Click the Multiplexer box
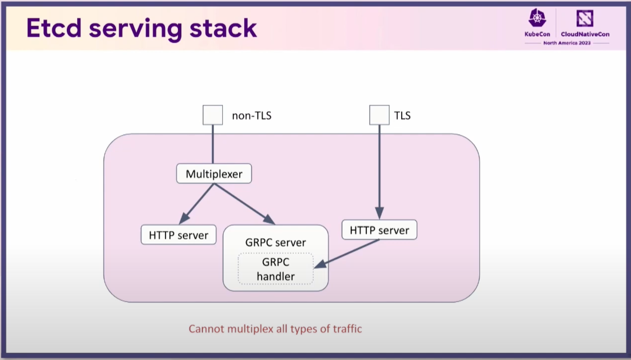pyautogui.click(x=214, y=173)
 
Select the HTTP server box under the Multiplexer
pyautogui.click(x=179, y=235)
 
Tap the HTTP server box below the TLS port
pyautogui.click(x=380, y=230)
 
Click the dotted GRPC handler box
pyautogui.click(x=276, y=269)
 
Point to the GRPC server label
pyautogui.click(x=276, y=242)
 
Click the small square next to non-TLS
pyautogui.click(x=213, y=115)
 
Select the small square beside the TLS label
pyautogui.click(x=380, y=115)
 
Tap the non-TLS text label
pyautogui.click(x=251, y=116)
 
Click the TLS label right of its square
pyautogui.click(x=402, y=115)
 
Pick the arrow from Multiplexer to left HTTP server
pyautogui.click(x=196, y=204)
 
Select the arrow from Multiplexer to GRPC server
pyautogui.click(x=244, y=204)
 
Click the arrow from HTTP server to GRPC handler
pyautogui.click(x=346, y=254)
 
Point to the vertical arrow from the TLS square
pyautogui.click(x=380, y=172)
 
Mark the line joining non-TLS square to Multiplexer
pyautogui.click(x=213, y=144)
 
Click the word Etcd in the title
pyautogui.click(x=54, y=28)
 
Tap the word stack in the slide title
pyautogui.click(x=223, y=28)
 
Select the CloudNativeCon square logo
pyautogui.click(x=585, y=18)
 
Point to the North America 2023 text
pyautogui.click(x=567, y=43)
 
